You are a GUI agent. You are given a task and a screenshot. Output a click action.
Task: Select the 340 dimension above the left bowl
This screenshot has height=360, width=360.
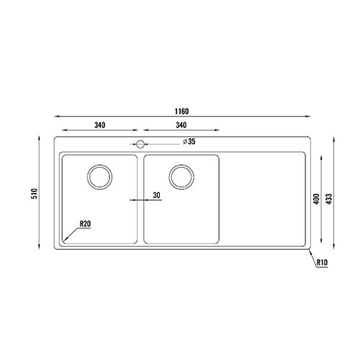[x=100, y=125]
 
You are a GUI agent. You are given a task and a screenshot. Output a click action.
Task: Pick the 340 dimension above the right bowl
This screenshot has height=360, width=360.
[x=182, y=125]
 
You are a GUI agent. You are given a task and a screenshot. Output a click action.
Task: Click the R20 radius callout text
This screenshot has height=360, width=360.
[x=86, y=225]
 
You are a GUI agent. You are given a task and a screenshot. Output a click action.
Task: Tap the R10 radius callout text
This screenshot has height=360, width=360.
[x=322, y=264]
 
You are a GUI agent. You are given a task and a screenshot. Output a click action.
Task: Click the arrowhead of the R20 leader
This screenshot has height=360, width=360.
[x=64, y=240]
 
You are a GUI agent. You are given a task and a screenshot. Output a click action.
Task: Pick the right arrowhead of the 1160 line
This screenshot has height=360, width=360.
[x=310, y=118]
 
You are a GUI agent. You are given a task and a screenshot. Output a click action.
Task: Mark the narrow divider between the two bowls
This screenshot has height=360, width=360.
[x=140, y=199]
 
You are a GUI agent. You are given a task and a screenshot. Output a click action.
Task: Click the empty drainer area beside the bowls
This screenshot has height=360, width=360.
[x=264, y=199]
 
